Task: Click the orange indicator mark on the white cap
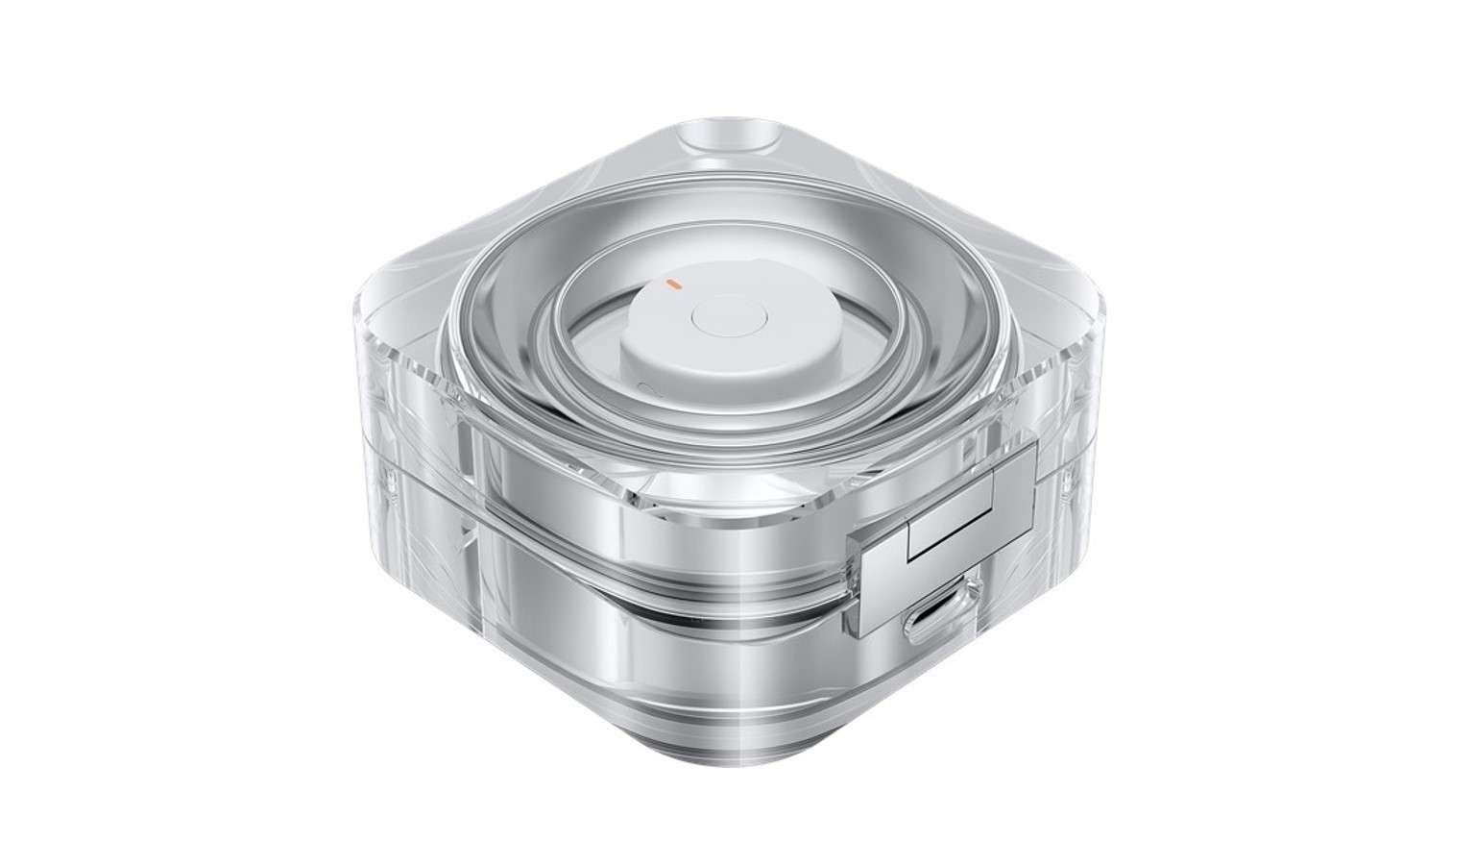pyautogui.click(x=674, y=285)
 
